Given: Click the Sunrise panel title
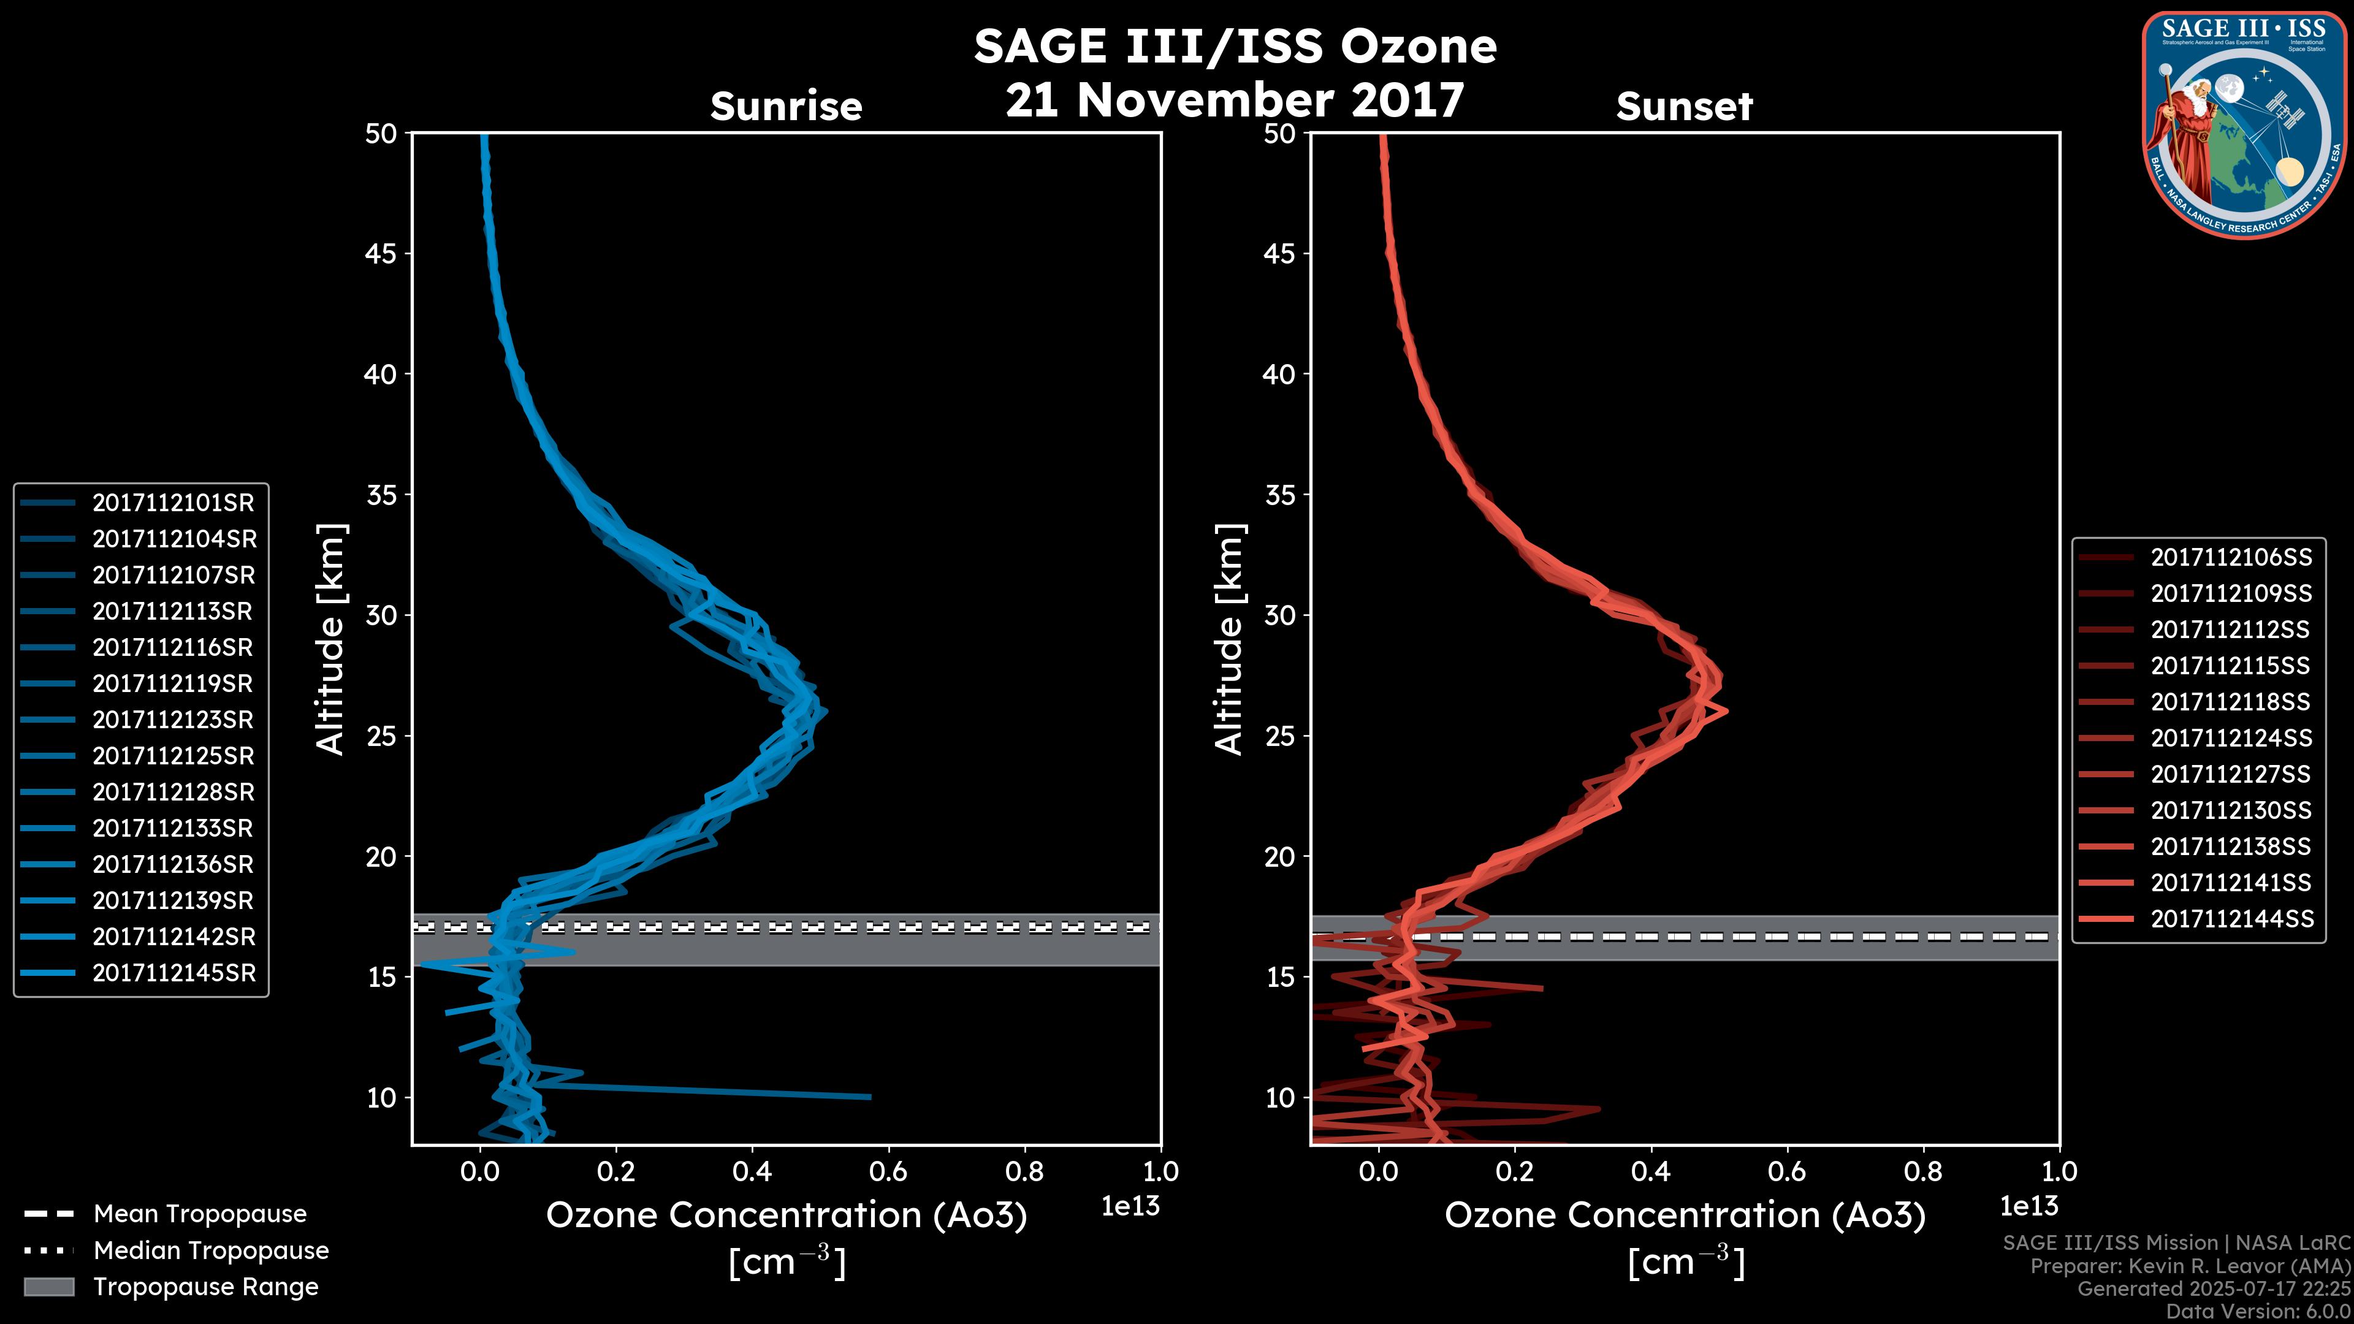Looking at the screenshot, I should (x=786, y=107).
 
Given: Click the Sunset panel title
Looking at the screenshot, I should (x=1684, y=107).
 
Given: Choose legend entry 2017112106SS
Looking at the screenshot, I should (x=2231, y=557).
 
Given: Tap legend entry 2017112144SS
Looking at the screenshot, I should (x=2231, y=918).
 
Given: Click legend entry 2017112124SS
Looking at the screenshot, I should (x=2231, y=738).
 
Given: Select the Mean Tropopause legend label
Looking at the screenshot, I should (x=200, y=1214).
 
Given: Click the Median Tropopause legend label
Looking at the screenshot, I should (x=211, y=1251).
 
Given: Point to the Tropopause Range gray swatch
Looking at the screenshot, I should (x=49, y=1287).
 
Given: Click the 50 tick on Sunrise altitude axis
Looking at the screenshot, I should (x=382, y=134).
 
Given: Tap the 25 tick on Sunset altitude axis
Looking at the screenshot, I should (x=1280, y=736).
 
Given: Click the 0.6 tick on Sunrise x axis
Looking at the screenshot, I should (x=888, y=1171).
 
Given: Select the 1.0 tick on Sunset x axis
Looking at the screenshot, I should (x=2059, y=1171).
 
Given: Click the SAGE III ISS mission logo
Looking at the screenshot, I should (x=2242, y=124).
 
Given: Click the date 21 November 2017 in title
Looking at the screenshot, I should (x=1235, y=101).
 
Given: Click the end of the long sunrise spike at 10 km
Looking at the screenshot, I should (x=869, y=1097).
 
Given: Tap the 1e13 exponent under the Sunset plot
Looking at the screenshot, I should (x=2028, y=1207).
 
